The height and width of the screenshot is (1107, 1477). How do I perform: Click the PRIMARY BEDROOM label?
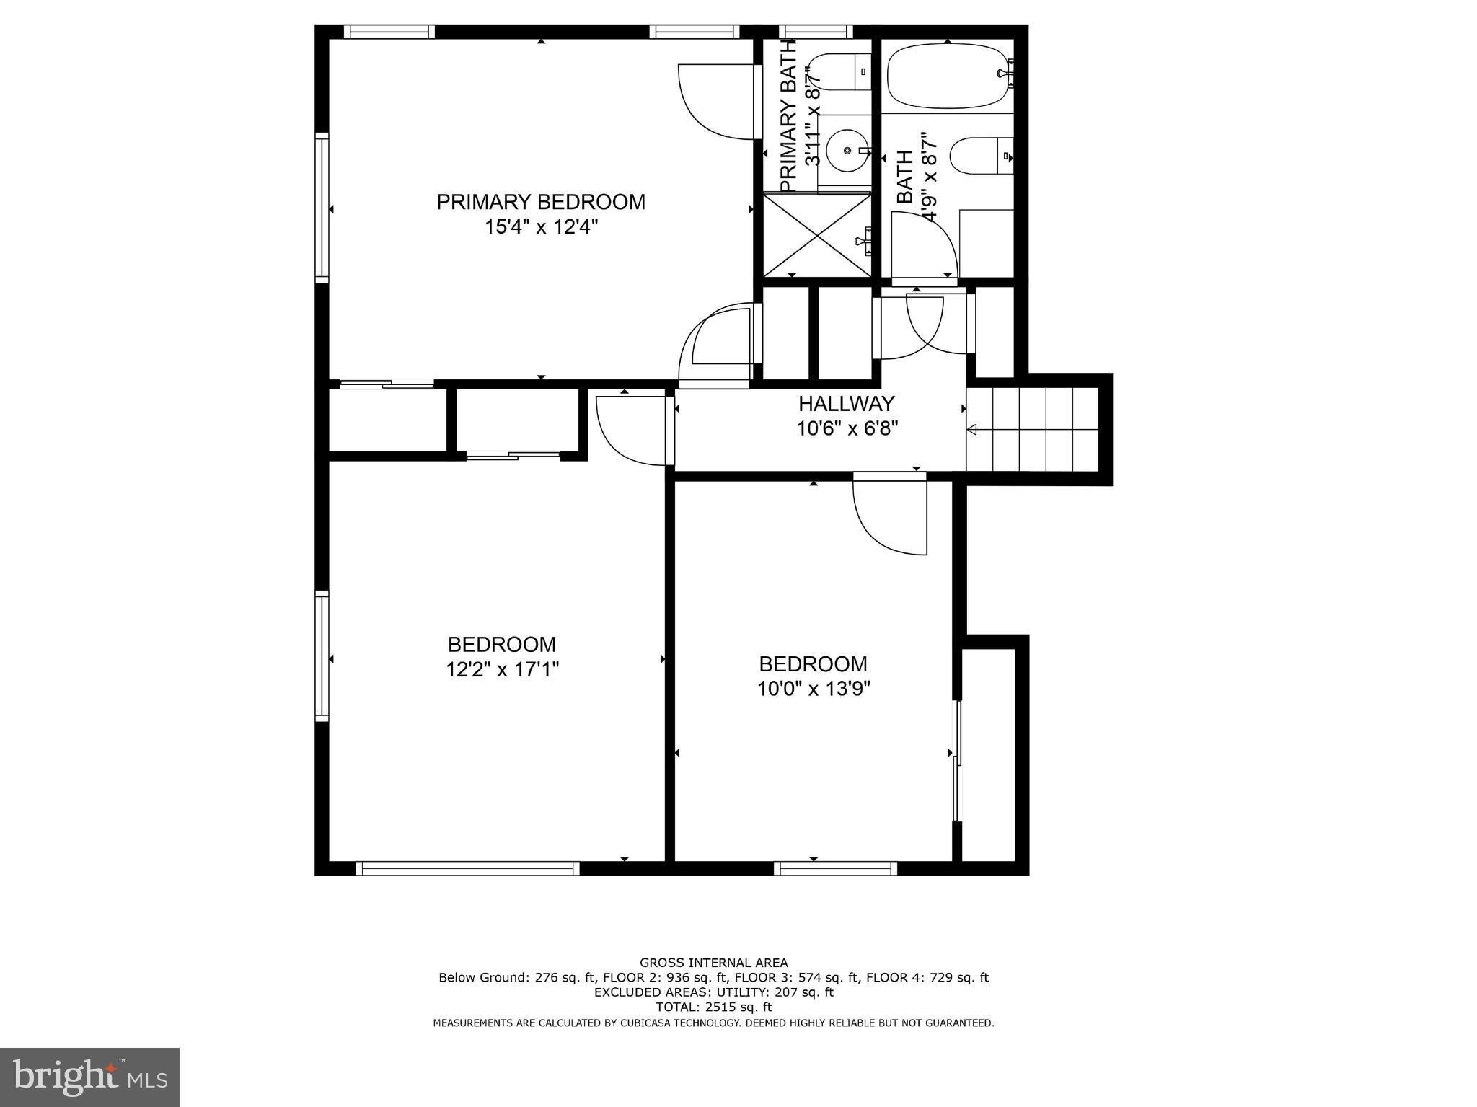point(541,202)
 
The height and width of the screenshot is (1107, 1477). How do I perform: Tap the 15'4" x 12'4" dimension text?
point(541,228)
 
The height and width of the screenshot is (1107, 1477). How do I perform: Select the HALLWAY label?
point(846,403)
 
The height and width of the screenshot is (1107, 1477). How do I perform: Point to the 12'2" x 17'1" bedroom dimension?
point(502,670)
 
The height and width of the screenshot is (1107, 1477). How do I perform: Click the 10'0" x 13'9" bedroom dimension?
point(814,689)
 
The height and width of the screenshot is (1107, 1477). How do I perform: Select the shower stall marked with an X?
point(816,235)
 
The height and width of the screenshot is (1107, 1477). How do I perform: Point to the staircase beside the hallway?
point(1033,429)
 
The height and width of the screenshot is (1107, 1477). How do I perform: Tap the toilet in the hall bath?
point(981,156)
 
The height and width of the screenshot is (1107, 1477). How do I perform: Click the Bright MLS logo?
point(89,1077)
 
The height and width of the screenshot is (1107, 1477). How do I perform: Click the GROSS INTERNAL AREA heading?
point(713,962)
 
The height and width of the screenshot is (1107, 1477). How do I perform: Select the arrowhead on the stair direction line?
point(971,430)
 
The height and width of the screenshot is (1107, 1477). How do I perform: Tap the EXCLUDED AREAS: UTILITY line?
point(713,992)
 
